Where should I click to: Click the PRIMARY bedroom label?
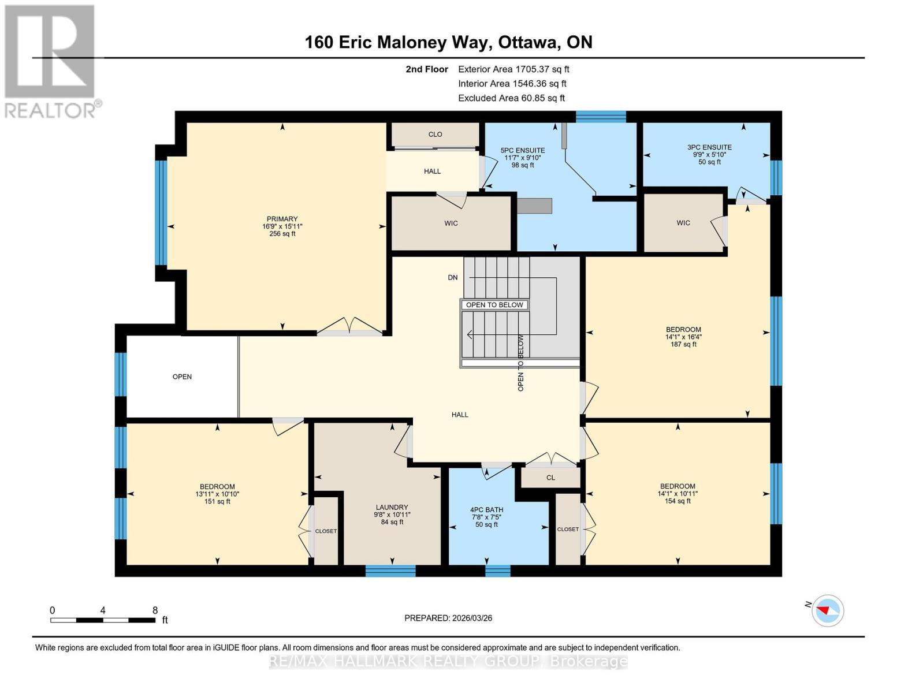click(282, 219)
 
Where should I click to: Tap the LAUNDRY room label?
click(392, 507)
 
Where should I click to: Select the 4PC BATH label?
click(486, 510)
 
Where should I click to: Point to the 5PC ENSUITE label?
click(522, 150)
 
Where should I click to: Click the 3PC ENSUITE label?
click(709, 147)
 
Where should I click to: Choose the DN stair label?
click(453, 277)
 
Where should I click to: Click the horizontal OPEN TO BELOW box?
click(494, 305)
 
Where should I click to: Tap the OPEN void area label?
click(182, 377)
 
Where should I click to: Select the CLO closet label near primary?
click(435, 134)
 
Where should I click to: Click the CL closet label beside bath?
click(550, 478)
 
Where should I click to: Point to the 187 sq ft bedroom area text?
click(683, 344)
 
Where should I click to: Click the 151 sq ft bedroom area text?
click(217, 501)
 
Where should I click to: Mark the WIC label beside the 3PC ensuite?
click(683, 223)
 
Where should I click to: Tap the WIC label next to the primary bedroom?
click(451, 223)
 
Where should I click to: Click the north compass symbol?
click(827, 610)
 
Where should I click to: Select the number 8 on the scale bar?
click(155, 610)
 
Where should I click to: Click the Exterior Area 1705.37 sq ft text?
click(513, 69)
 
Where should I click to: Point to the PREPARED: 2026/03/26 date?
click(448, 618)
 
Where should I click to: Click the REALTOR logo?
click(51, 61)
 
